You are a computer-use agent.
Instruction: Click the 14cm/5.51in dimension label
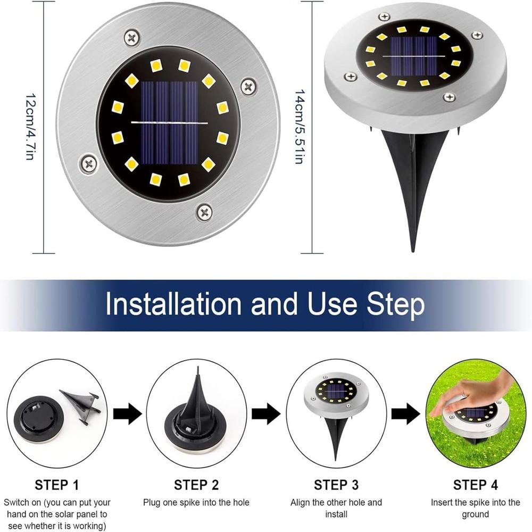click(x=299, y=126)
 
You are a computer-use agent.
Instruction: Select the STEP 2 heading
click(x=196, y=485)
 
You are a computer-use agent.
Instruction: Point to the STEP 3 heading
click(x=336, y=485)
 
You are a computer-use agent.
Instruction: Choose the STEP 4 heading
click(x=475, y=485)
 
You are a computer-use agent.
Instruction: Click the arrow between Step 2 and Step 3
click(x=266, y=413)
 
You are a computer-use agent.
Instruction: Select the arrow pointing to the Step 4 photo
click(x=405, y=413)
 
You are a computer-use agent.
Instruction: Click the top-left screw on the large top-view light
click(x=132, y=37)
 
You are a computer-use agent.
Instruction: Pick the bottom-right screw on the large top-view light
click(x=204, y=212)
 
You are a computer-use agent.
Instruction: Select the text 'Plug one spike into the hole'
click(x=196, y=502)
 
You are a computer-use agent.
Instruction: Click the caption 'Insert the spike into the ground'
click(x=475, y=508)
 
